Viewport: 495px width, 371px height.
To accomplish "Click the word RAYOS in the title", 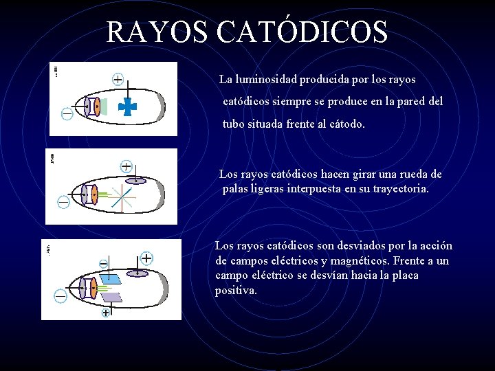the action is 155,31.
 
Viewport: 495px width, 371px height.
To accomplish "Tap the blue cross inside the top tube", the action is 128,106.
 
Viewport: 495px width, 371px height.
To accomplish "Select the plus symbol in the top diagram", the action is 118,79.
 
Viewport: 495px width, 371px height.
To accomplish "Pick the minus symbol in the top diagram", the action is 67,113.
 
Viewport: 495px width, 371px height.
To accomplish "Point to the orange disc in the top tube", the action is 98,106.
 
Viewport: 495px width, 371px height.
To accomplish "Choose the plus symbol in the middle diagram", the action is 126,166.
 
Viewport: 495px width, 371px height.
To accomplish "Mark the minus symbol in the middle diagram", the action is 63,202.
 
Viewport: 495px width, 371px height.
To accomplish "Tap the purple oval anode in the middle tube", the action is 136,181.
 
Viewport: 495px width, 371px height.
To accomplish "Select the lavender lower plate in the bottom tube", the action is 111,297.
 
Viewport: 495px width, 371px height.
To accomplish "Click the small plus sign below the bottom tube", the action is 106,313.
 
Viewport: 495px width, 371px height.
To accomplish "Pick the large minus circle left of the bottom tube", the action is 60,295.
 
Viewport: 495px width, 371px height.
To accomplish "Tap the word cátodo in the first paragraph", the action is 344,125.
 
